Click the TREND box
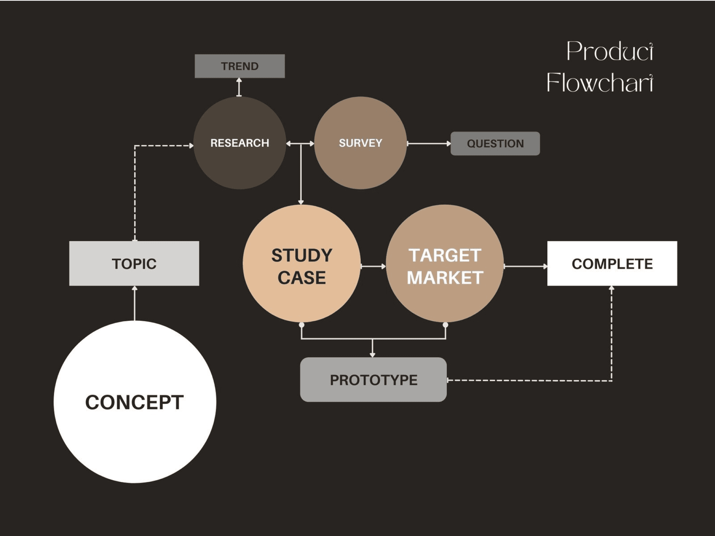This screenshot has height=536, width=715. click(239, 66)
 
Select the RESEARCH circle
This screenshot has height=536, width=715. click(239, 143)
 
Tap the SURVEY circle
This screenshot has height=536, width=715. click(360, 143)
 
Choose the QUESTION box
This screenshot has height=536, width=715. click(495, 143)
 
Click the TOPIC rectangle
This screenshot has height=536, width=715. click(134, 264)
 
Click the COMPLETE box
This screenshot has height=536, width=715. click(612, 264)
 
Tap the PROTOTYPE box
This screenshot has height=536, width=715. click(373, 380)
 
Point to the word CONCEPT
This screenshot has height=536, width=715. click(134, 402)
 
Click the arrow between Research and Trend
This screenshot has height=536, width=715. click(239, 87)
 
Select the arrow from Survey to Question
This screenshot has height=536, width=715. click(429, 143)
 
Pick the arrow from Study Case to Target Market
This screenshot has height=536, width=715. click(373, 266)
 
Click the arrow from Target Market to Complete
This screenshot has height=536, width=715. click(525, 266)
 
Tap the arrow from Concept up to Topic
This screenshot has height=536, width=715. click(135, 303)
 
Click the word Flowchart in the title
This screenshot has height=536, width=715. click(599, 83)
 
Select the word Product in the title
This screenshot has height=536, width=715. click(609, 52)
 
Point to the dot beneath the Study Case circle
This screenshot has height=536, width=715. click(302, 325)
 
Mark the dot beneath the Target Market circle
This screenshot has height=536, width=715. click(445, 325)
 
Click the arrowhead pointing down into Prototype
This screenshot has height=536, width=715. click(373, 355)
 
